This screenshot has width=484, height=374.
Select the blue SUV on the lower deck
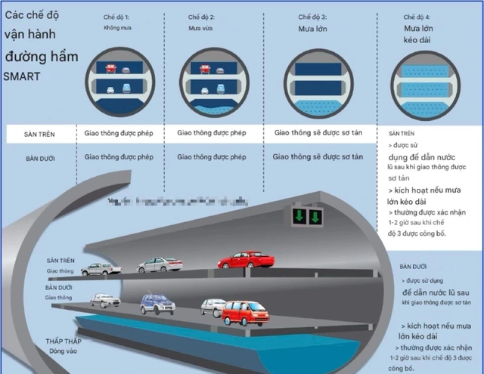click(157, 304)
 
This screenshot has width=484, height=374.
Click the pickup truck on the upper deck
click(101, 268)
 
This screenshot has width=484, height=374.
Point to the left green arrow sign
click(299, 218)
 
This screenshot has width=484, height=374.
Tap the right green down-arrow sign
click(315, 218)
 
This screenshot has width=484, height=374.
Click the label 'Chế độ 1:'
click(117, 16)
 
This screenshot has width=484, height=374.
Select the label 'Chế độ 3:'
click(313, 16)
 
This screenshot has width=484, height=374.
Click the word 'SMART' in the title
click(22, 77)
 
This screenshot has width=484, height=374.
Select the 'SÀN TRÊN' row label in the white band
click(40, 134)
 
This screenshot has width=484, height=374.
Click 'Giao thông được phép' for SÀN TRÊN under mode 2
click(212, 133)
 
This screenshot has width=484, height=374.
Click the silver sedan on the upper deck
click(160, 264)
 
